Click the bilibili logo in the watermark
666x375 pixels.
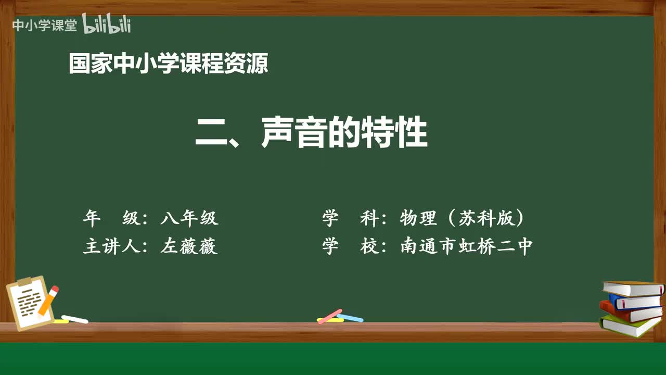pos(107,24)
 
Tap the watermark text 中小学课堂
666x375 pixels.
pos(44,26)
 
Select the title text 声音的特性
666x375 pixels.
pos(344,133)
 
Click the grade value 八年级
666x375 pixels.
pos(189,218)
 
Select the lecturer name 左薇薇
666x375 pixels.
pos(189,246)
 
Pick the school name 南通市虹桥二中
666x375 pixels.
pos(466,246)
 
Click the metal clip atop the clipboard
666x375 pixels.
pos(24,281)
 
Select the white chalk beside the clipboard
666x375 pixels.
pos(75,319)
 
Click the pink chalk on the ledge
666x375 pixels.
pos(329,316)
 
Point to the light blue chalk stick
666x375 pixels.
pos(350,318)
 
